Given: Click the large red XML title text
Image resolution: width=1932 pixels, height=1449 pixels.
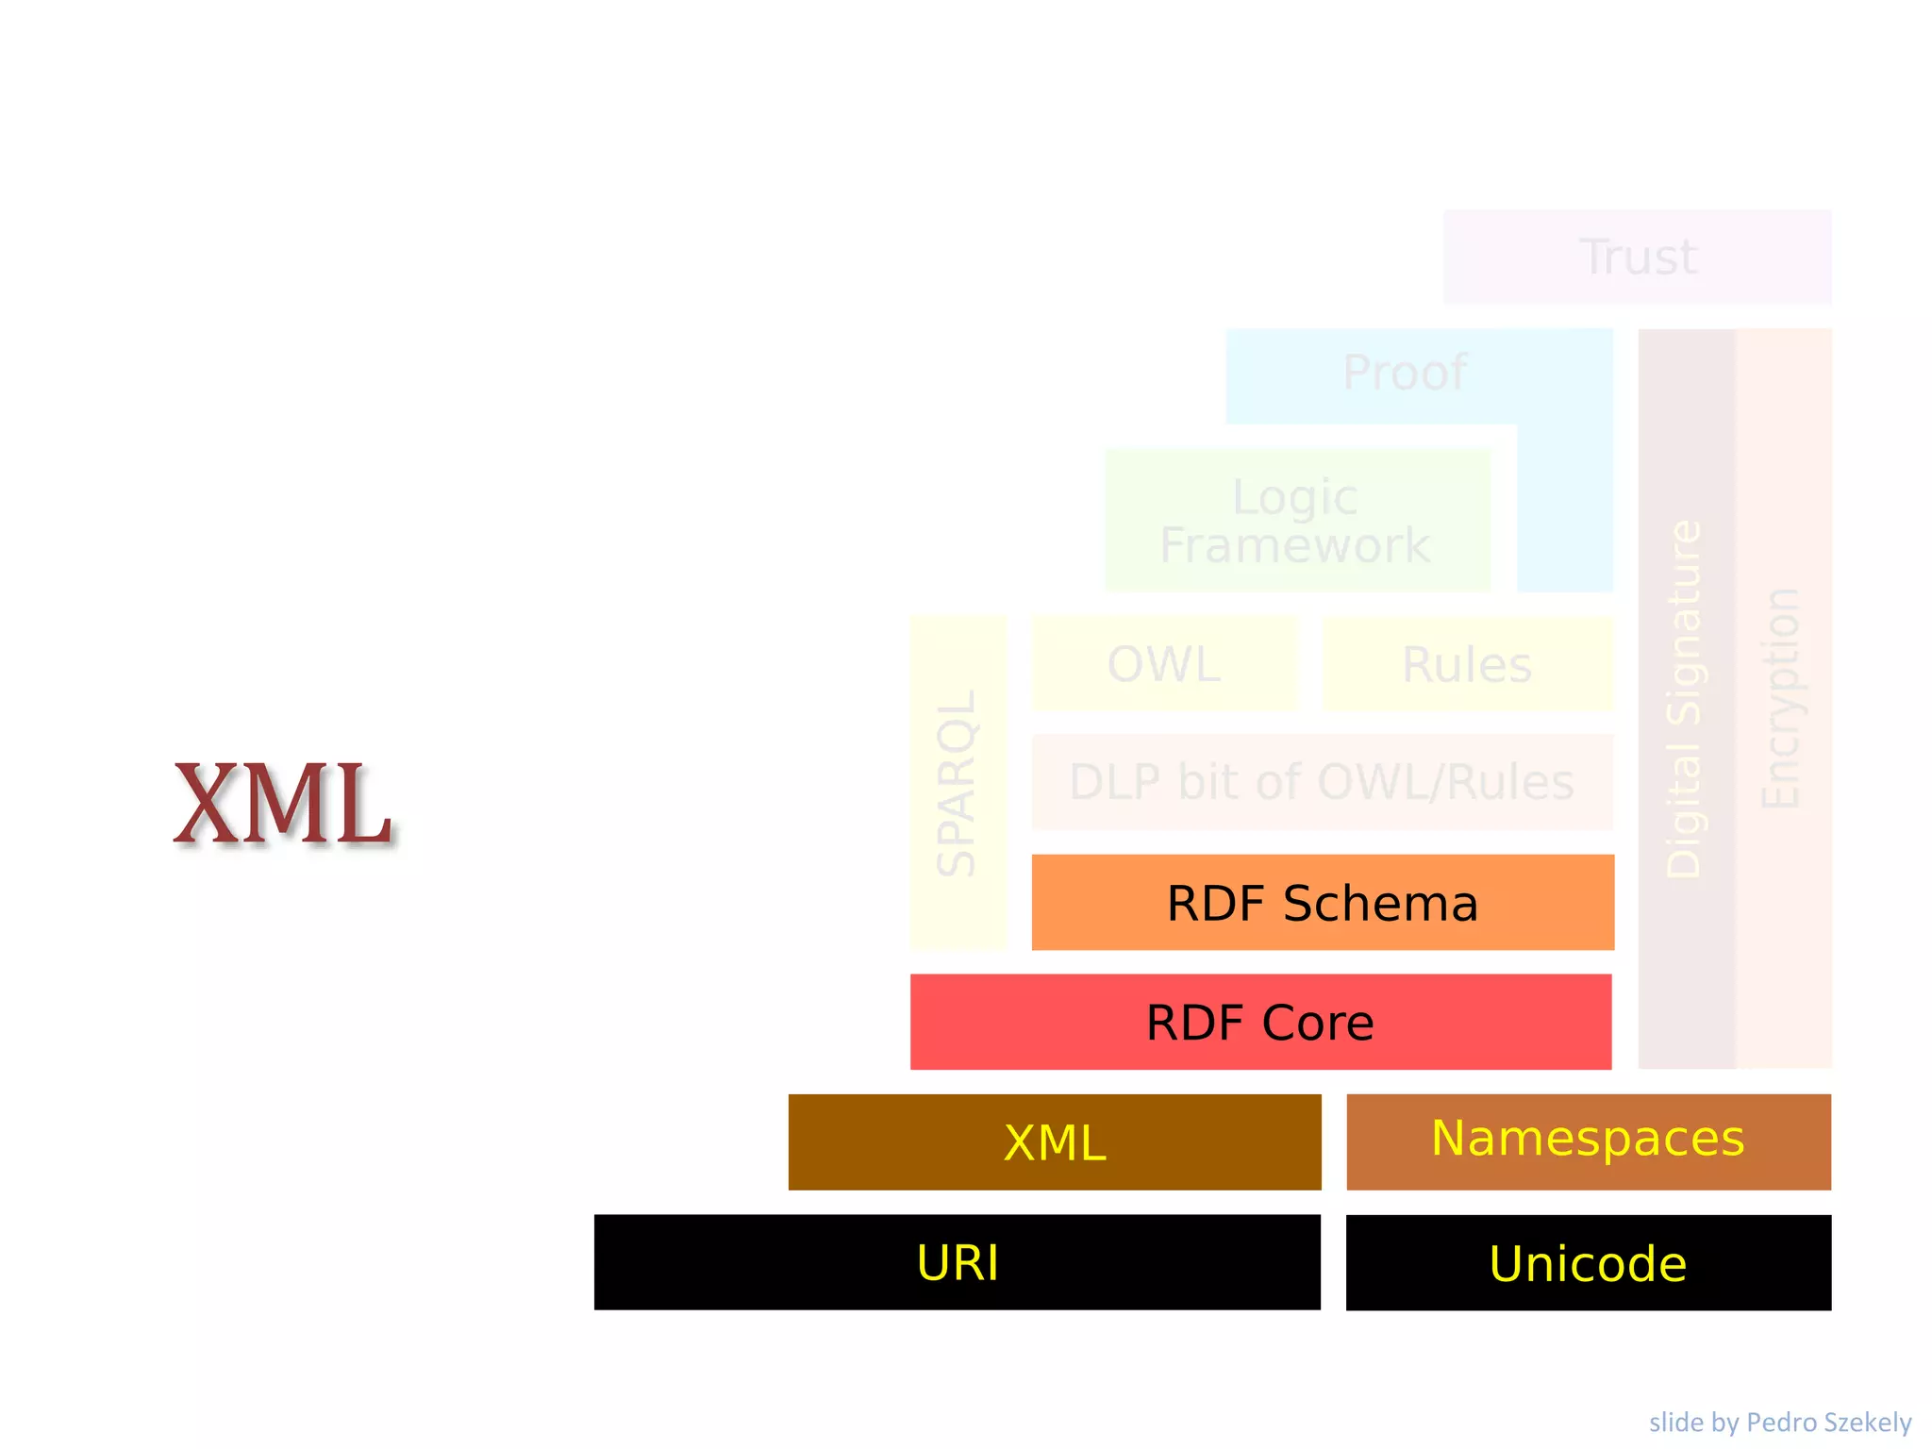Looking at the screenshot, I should point(282,804).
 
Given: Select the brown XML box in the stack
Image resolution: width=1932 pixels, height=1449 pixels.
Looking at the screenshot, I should point(1054,1141).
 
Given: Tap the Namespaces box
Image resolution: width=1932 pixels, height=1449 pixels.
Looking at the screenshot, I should point(1588,1141).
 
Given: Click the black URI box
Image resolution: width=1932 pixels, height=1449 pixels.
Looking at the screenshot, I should point(957,1261).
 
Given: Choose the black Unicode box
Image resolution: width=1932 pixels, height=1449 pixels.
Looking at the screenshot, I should point(1588,1262).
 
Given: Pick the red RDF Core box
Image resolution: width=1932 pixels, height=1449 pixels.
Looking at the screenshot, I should point(1260,1022).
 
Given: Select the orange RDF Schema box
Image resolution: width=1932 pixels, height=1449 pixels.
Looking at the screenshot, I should point(1323,902).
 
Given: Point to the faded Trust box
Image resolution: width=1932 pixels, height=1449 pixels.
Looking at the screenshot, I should point(1638,257).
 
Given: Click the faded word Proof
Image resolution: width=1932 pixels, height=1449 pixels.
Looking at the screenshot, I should point(1405,373).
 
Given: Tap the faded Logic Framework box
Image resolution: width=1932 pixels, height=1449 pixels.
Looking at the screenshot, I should point(1296,521).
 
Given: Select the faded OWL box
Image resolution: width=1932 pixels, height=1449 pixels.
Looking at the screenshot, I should point(1164,664).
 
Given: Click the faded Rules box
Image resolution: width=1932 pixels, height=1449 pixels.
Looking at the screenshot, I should point(1467,664).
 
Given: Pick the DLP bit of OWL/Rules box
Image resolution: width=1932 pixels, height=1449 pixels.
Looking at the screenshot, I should point(1322,782).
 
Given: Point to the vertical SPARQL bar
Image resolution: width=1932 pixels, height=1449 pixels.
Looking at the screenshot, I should point(957,783).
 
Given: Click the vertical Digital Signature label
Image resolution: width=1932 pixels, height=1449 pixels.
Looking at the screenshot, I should point(1685,698).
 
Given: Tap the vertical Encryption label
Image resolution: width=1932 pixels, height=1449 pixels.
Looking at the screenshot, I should point(1782,698).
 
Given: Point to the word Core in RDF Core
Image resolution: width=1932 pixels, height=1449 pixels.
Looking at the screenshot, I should point(1318,1023).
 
